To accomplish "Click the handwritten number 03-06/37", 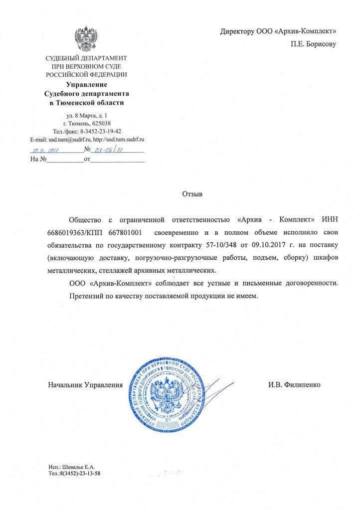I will coord(109,149).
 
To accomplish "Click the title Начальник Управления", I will coord(85,385).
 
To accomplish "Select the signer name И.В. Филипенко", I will coord(294,385).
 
